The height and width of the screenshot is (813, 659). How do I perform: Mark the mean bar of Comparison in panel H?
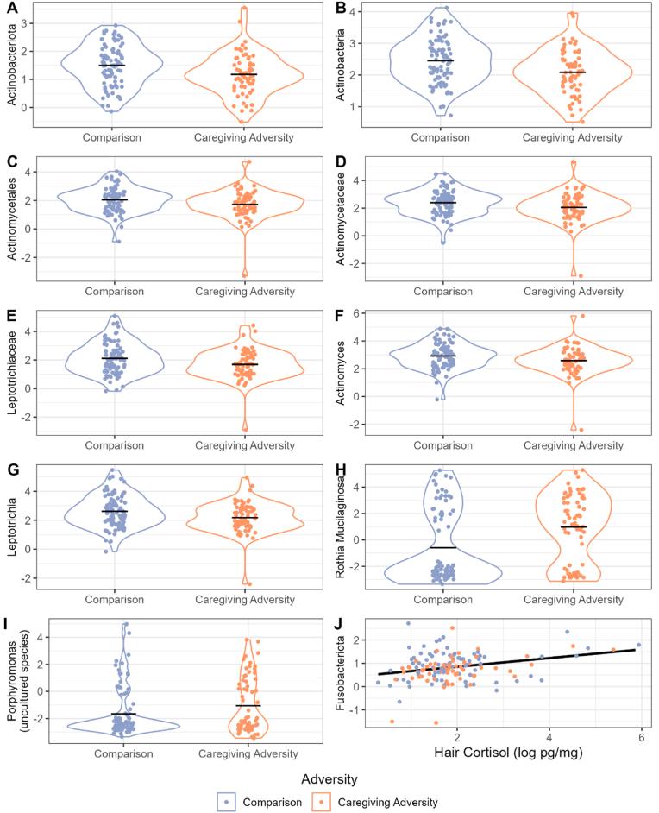coord(442,548)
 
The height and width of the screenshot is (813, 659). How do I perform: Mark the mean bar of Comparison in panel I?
coord(123,714)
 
